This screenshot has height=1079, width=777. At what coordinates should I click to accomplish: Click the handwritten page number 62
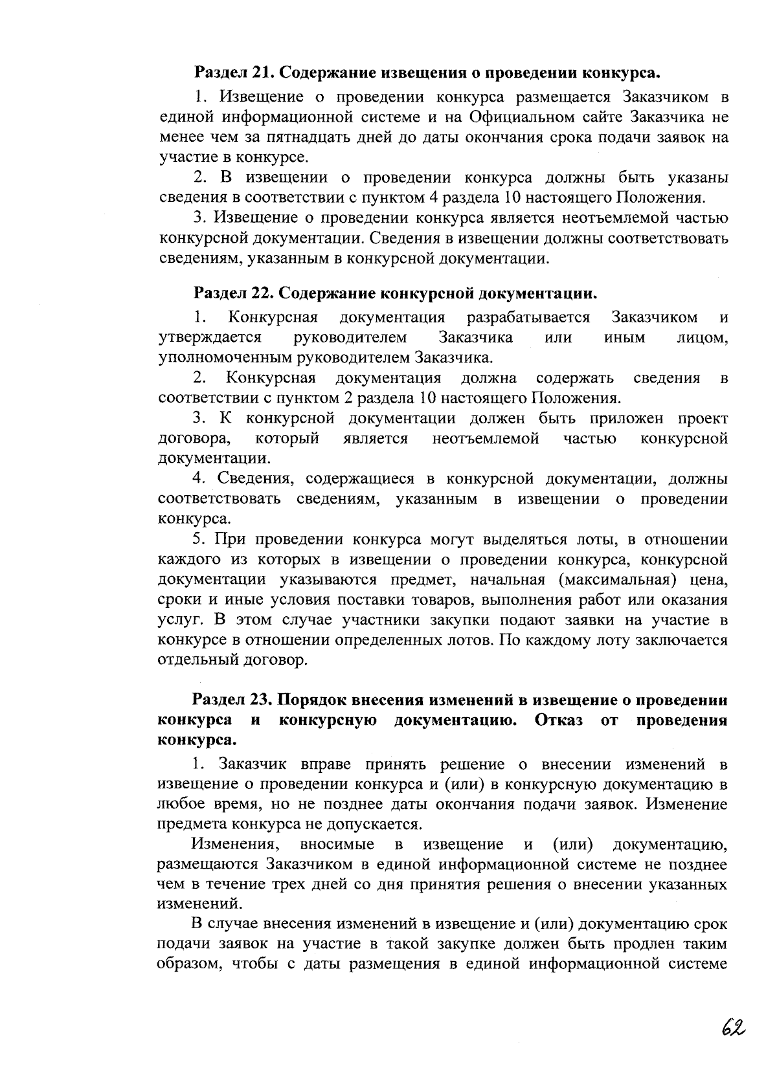(732, 1028)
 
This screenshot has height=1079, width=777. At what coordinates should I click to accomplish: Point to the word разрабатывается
(528, 318)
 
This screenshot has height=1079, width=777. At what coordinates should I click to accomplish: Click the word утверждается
(210, 338)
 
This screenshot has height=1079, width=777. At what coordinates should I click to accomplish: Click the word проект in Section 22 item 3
(703, 419)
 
